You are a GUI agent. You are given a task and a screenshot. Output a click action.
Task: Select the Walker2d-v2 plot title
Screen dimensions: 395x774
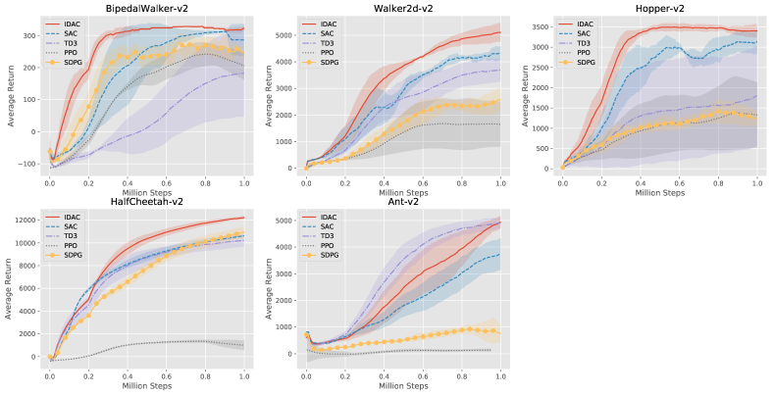pos(403,8)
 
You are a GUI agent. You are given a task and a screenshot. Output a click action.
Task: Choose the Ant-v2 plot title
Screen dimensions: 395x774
pos(403,203)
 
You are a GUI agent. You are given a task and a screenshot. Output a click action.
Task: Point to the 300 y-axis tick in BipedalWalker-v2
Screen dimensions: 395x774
pos(28,35)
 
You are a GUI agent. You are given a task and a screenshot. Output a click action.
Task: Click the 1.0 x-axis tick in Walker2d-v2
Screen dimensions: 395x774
pos(500,180)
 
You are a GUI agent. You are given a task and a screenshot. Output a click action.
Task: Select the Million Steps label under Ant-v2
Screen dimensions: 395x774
pos(403,386)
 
